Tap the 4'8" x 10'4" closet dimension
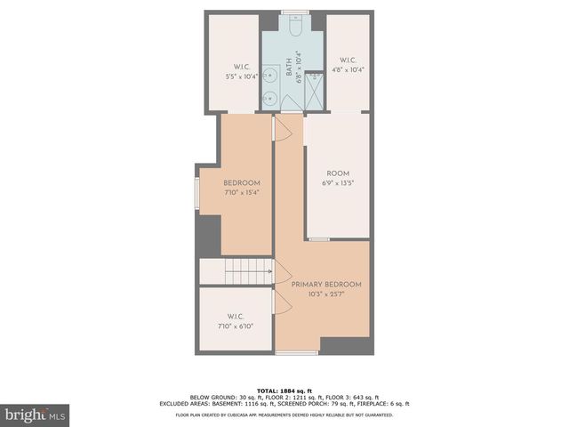348,68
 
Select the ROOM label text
338,174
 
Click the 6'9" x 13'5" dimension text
338,183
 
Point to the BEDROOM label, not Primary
242,183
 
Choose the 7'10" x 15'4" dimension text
242,193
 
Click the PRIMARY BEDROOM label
326,284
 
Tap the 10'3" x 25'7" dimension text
326,294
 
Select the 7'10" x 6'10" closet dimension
236,326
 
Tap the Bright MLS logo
35,415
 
